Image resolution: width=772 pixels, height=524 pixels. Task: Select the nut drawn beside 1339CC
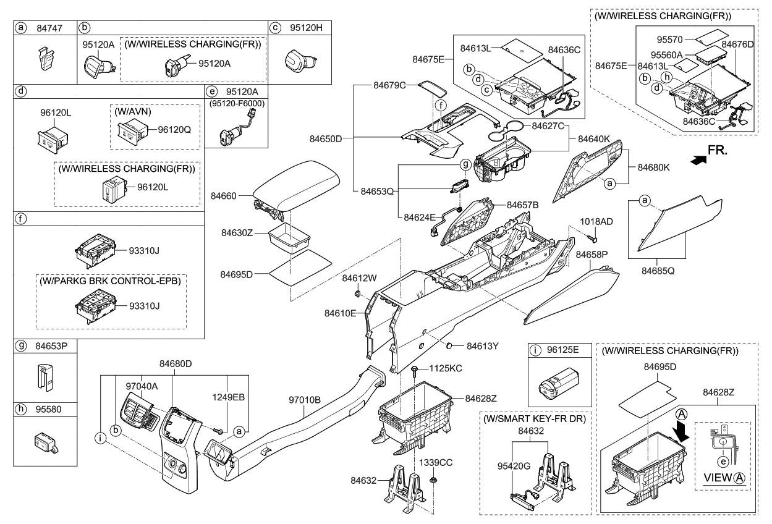pos(434,480)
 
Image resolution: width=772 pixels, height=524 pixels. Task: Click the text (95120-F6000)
pos(236,104)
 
